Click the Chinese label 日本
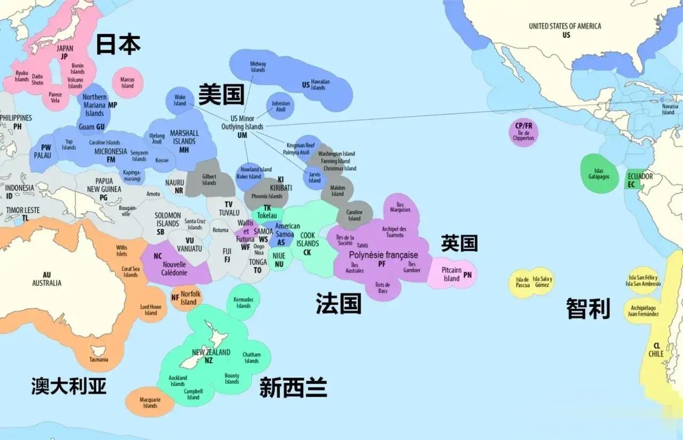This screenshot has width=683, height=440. (x=118, y=45)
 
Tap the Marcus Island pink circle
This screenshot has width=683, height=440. (x=128, y=83)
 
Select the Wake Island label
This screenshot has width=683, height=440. (x=180, y=100)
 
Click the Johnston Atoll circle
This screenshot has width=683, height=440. (x=281, y=106)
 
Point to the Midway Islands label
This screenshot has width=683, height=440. (x=258, y=67)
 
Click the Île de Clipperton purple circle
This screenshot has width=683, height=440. (x=523, y=132)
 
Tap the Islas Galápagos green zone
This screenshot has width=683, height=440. (x=599, y=173)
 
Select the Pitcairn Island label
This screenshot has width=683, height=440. (x=451, y=274)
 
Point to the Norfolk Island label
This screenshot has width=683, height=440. (x=190, y=298)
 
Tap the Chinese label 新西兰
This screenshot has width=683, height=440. (x=293, y=387)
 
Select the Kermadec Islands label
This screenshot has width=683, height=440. (x=243, y=302)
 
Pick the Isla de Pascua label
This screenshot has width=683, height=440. (x=523, y=282)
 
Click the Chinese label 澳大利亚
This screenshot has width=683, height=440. (x=69, y=385)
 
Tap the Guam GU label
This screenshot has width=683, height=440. (x=92, y=127)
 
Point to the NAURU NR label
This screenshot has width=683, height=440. (x=174, y=186)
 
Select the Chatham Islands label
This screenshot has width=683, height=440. (x=251, y=357)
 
